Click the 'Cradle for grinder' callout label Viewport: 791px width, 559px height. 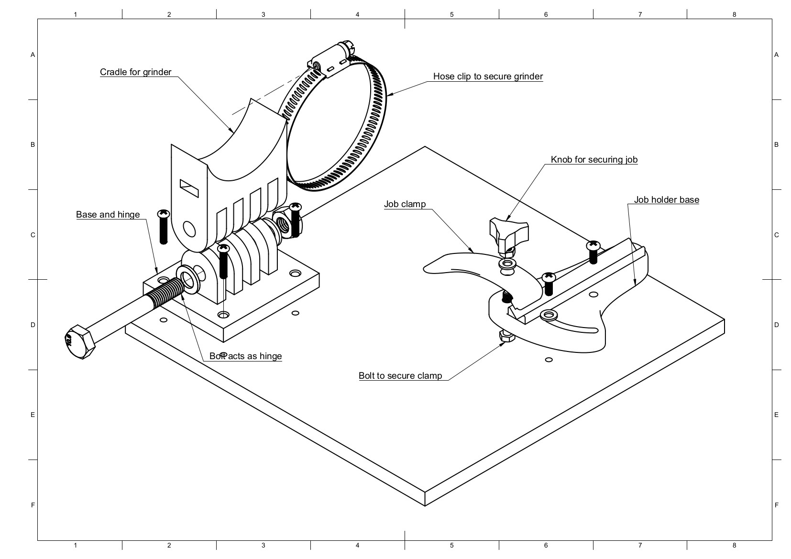[135, 72]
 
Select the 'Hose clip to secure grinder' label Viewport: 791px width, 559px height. [488, 77]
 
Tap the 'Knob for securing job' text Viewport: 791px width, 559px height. [594, 160]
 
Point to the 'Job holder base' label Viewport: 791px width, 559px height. [666, 200]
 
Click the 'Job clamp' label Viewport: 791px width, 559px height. [405, 205]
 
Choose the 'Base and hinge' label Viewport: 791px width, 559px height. [108, 215]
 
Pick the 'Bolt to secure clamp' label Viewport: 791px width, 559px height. [400, 376]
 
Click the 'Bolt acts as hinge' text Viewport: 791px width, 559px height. [245, 356]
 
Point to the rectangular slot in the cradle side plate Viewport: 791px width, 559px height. [189, 187]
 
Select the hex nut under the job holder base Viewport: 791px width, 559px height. [507, 336]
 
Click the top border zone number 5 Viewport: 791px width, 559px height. [451, 14]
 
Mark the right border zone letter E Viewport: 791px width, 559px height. [776, 415]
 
